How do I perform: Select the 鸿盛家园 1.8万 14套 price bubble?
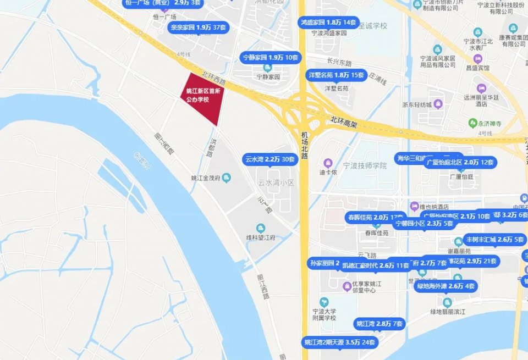[x=328, y=23]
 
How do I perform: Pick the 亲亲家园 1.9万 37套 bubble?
[x=197, y=27]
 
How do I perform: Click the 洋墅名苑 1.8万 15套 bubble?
[x=335, y=75]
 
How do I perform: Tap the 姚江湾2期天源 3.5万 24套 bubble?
[x=340, y=342]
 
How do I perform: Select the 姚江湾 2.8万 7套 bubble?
[x=379, y=323]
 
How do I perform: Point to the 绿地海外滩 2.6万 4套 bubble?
[x=446, y=286]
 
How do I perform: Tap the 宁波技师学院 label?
[x=365, y=166]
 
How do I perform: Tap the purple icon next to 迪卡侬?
[x=328, y=163]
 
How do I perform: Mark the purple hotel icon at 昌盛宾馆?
[x=477, y=58]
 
